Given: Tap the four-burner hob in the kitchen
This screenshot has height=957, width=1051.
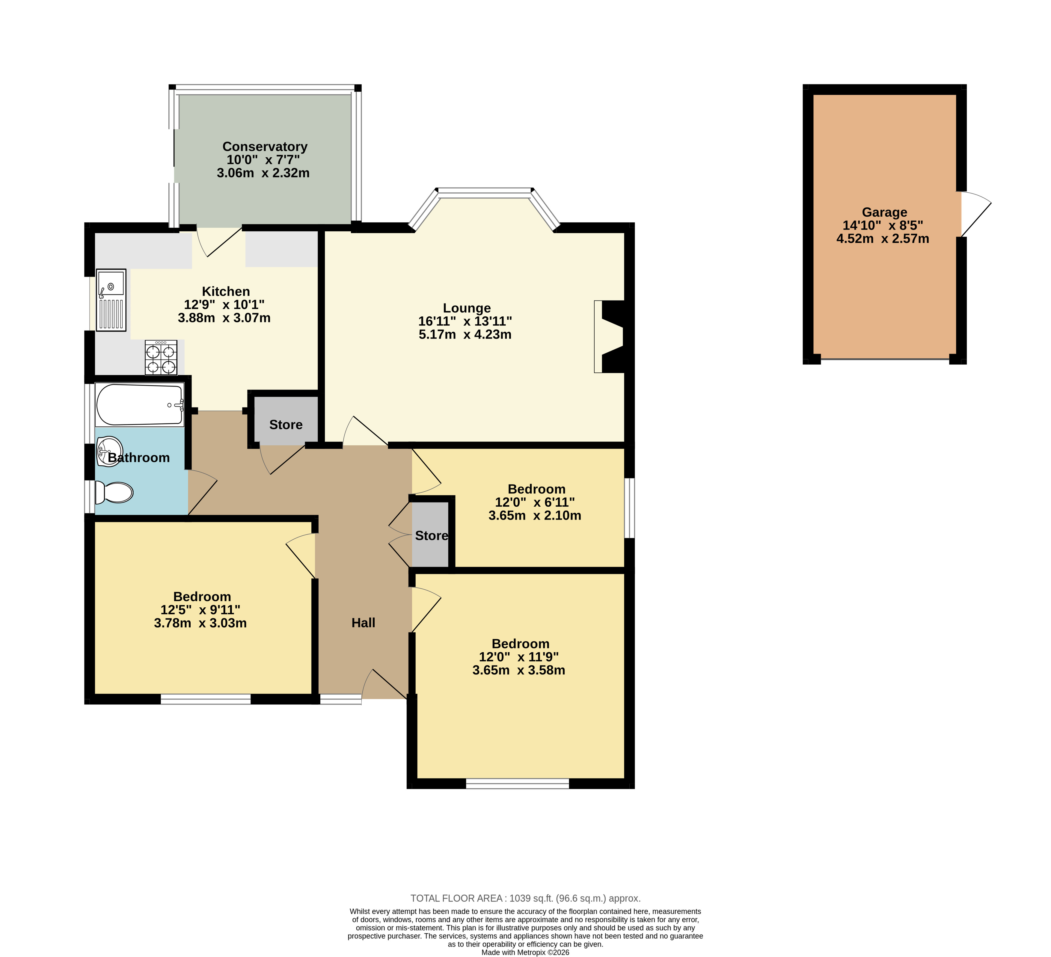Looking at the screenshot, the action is [161, 357].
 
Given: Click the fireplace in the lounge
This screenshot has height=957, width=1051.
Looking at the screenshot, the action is [610, 337].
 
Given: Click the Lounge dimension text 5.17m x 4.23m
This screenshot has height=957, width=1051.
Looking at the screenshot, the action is [465, 335].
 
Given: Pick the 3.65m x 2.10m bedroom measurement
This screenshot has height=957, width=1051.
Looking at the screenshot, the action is [535, 516].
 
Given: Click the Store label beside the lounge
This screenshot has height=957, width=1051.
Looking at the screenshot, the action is [286, 425].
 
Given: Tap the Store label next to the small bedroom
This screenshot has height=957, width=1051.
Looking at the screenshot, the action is [432, 536].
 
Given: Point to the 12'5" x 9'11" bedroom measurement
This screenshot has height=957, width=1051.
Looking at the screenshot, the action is [200, 610].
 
